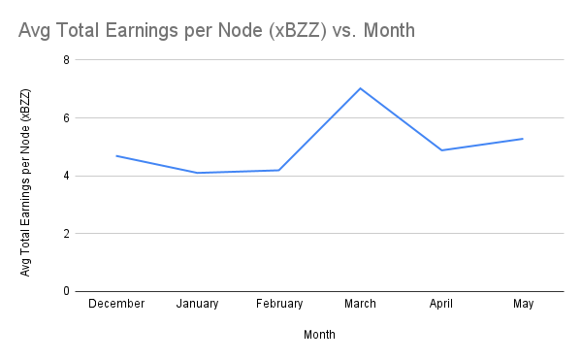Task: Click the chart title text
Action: coord(216,30)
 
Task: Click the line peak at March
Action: coord(360,88)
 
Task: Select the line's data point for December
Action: coord(116,155)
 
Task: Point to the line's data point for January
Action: coord(197,173)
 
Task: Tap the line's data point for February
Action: coord(278,170)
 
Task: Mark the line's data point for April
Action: coord(441,150)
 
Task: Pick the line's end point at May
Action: coord(523,139)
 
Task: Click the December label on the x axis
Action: coord(116,304)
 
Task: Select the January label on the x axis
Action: coord(197,304)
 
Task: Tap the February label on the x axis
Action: coord(278,304)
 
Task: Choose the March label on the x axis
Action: coord(360,304)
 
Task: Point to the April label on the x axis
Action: coord(441,304)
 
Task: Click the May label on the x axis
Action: coord(523,304)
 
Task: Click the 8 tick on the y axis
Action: coord(66,60)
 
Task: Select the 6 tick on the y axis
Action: coord(66,117)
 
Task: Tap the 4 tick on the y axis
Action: coord(66,176)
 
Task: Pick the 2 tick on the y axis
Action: coord(66,233)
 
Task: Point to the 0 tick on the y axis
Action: coord(66,291)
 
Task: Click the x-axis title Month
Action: coord(319,335)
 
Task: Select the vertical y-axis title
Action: coord(26,181)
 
